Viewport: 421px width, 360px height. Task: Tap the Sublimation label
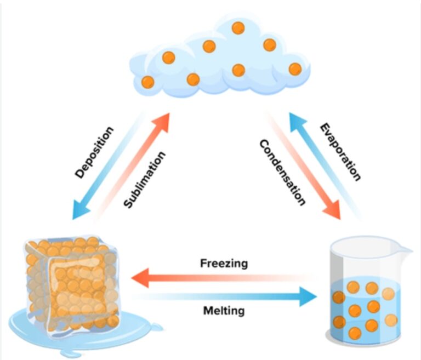pyautogui.click(x=144, y=180)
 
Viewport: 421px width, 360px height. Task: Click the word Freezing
pyautogui.click(x=223, y=263)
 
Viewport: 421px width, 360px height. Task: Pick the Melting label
pyautogui.click(x=224, y=312)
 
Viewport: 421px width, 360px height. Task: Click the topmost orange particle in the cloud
pyautogui.click(x=238, y=27)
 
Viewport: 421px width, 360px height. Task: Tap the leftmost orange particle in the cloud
pyautogui.click(x=148, y=82)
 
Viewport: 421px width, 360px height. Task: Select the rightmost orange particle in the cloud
pyautogui.click(x=295, y=69)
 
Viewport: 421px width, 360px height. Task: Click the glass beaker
pyautogui.click(x=365, y=296)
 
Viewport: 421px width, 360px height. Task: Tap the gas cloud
pyautogui.click(x=219, y=60)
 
